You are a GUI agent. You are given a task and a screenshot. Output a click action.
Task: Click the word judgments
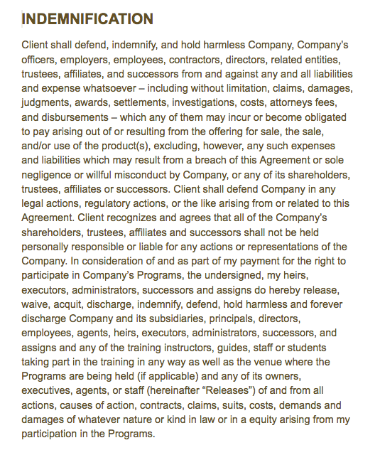(x=47, y=102)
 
